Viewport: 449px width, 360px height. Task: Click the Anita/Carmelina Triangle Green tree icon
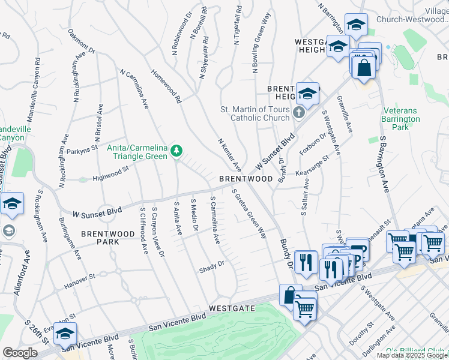(x=176, y=149)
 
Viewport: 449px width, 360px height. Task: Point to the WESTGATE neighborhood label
(x=232, y=308)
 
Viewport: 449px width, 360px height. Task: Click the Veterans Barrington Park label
(x=403, y=119)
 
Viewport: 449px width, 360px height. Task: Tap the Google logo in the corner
(x=20, y=353)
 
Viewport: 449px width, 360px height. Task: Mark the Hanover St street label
(x=80, y=277)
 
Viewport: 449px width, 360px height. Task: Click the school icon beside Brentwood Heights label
(x=307, y=94)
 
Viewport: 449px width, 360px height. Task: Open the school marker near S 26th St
(x=65, y=334)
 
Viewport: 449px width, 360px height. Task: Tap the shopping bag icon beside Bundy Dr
(x=291, y=295)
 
